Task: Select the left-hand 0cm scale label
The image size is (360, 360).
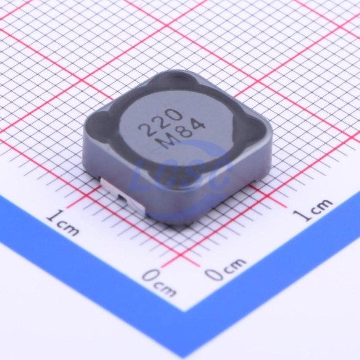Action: coord(159,284)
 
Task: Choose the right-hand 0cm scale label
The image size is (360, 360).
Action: coord(225,269)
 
